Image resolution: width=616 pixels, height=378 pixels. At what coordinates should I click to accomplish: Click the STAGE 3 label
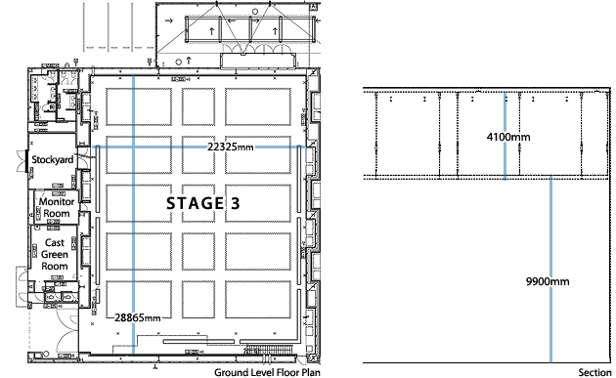pos(202,203)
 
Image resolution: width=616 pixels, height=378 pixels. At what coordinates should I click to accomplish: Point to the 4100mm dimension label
pos(508,138)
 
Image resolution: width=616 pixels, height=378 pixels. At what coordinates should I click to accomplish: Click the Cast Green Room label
pos(55,253)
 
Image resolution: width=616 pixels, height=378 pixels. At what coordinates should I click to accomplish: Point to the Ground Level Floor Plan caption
pos(267,372)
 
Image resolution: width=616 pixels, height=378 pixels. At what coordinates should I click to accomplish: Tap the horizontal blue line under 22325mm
pos(196,147)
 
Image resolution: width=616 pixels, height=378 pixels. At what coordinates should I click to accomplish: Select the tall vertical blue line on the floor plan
pos(135,195)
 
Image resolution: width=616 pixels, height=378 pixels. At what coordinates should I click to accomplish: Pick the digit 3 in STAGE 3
pos(235,203)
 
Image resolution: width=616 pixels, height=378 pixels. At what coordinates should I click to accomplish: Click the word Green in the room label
pos(55,253)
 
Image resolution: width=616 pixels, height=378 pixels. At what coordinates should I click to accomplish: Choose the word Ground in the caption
pos(231,372)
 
